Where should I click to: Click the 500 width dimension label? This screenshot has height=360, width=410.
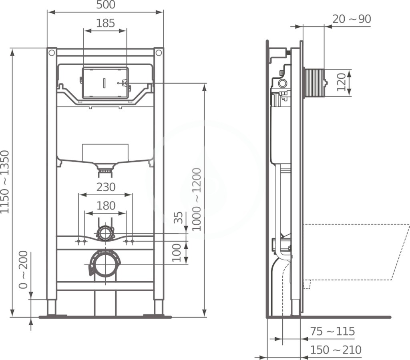106,5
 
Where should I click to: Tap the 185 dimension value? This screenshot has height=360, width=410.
105,23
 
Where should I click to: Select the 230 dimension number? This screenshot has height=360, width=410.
106,187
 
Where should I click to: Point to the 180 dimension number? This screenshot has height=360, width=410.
106,206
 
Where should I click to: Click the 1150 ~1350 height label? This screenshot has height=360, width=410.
5,182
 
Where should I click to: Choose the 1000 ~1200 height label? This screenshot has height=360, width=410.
196,200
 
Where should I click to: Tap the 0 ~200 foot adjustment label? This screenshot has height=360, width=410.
23,270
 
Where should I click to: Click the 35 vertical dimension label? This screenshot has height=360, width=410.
178,218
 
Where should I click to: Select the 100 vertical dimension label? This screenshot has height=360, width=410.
177,253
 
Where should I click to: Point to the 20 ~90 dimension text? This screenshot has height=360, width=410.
352,19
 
